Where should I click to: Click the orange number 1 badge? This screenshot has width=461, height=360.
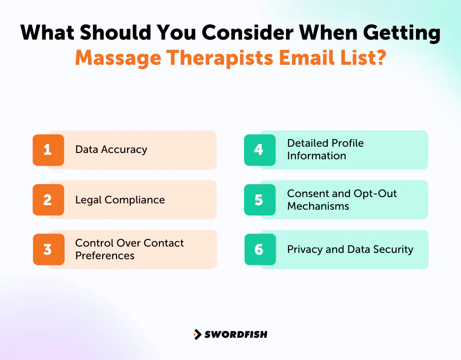tap(48, 150)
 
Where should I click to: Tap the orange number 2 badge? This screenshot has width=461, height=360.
tap(48, 200)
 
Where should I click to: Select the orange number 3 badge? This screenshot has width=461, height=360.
tap(48, 249)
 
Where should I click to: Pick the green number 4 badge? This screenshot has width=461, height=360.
tap(259, 150)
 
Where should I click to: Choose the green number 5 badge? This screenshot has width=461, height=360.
tap(259, 200)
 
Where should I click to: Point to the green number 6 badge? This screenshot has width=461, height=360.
tap(259, 249)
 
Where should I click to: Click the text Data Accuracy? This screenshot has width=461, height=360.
tap(111, 150)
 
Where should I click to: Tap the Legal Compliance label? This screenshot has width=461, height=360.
tap(120, 200)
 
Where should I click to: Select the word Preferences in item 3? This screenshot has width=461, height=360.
tap(105, 256)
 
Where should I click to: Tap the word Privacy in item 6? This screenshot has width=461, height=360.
tap(305, 249)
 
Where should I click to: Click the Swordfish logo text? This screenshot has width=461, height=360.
tap(236, 334)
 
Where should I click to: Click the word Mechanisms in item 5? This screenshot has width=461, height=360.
tap(318, 206)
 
